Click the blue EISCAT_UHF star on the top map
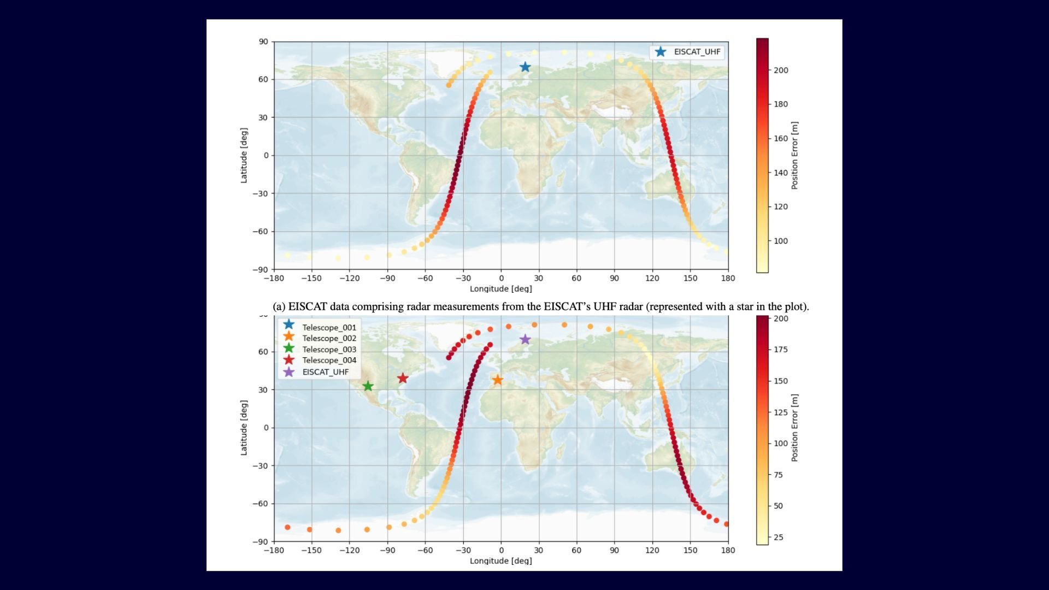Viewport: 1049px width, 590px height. pos(525,67)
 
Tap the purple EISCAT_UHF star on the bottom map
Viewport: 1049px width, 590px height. pos(525,339)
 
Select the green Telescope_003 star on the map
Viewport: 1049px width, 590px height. pos(368,386)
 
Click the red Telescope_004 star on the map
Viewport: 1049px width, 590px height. pos(403,378)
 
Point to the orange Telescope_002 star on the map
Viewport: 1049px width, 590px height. pos(497,380)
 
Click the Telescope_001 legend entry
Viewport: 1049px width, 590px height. pos(329,327)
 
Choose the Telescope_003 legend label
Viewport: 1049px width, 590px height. pos(329,350)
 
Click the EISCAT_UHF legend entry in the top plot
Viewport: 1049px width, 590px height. pos(697,52)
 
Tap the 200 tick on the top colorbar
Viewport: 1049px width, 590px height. pos(781,70)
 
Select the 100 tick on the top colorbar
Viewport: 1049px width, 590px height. pos(781,241)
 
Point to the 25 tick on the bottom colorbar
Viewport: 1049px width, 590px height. pos(779,538)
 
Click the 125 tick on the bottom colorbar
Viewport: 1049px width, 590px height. pos(781,412)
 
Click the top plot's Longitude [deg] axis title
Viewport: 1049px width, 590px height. pos(500,288)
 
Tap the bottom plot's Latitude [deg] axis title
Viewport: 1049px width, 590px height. pos(244,428)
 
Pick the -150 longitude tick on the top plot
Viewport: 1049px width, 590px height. pos(311,278)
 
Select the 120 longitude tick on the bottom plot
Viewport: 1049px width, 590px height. pos(652,550)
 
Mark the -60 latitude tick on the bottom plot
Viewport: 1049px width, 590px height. pos(262,504)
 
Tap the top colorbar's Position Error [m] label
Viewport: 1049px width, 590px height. pos(794,156)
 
